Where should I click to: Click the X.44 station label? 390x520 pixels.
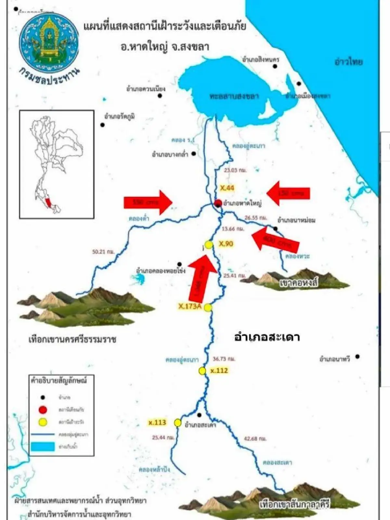(x=227, y=188)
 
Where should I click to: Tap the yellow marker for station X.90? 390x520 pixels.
(x=209, y=245)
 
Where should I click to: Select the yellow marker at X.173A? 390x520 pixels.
(x=208, y=307)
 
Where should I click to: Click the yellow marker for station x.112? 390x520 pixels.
(x=202, y=370)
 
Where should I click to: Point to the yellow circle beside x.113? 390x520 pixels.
(x=177, y=422)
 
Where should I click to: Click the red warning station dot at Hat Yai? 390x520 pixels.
(x=218, y=203)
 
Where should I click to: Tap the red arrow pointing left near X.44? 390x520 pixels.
(x=288, y=194)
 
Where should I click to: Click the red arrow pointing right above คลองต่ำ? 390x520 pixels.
(x=148, y=202)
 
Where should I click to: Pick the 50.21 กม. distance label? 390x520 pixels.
(x=103, y=252)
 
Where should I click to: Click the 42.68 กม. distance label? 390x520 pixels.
(x=255, y=438)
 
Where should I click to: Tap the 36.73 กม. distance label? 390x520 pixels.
(x=224, y=359)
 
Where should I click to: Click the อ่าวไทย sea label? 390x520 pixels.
(x=348, y=62)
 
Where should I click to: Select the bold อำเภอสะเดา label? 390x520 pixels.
(x=267, y=337)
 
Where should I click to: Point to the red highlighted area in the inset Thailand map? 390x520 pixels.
(x=49, y=203)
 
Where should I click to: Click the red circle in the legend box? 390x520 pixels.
(x=43, y=410)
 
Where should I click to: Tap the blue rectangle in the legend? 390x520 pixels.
(x=43, y=447)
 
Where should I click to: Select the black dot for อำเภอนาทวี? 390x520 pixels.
(x=357, y=357)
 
